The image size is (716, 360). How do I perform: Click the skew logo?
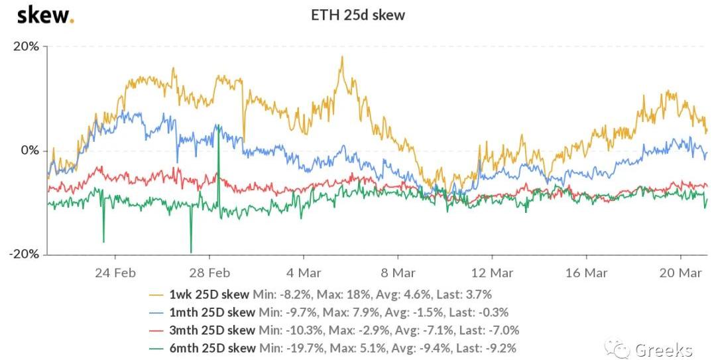pos(44,15)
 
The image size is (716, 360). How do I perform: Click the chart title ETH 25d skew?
pos(358,15)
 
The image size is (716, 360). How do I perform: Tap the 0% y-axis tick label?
pos(30,150)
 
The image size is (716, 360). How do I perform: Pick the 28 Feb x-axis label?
pos(209,272)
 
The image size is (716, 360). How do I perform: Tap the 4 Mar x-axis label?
pos(304,272)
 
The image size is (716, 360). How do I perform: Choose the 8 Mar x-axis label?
pos(398,272)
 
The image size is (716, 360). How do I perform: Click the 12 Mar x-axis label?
pos(492,272)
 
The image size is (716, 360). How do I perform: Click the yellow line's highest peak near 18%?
pos(342,58)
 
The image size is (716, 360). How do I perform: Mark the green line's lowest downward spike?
pos(191,252)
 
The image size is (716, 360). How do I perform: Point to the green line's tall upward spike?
pos(218,125)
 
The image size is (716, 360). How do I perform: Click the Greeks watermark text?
pos(663,349)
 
